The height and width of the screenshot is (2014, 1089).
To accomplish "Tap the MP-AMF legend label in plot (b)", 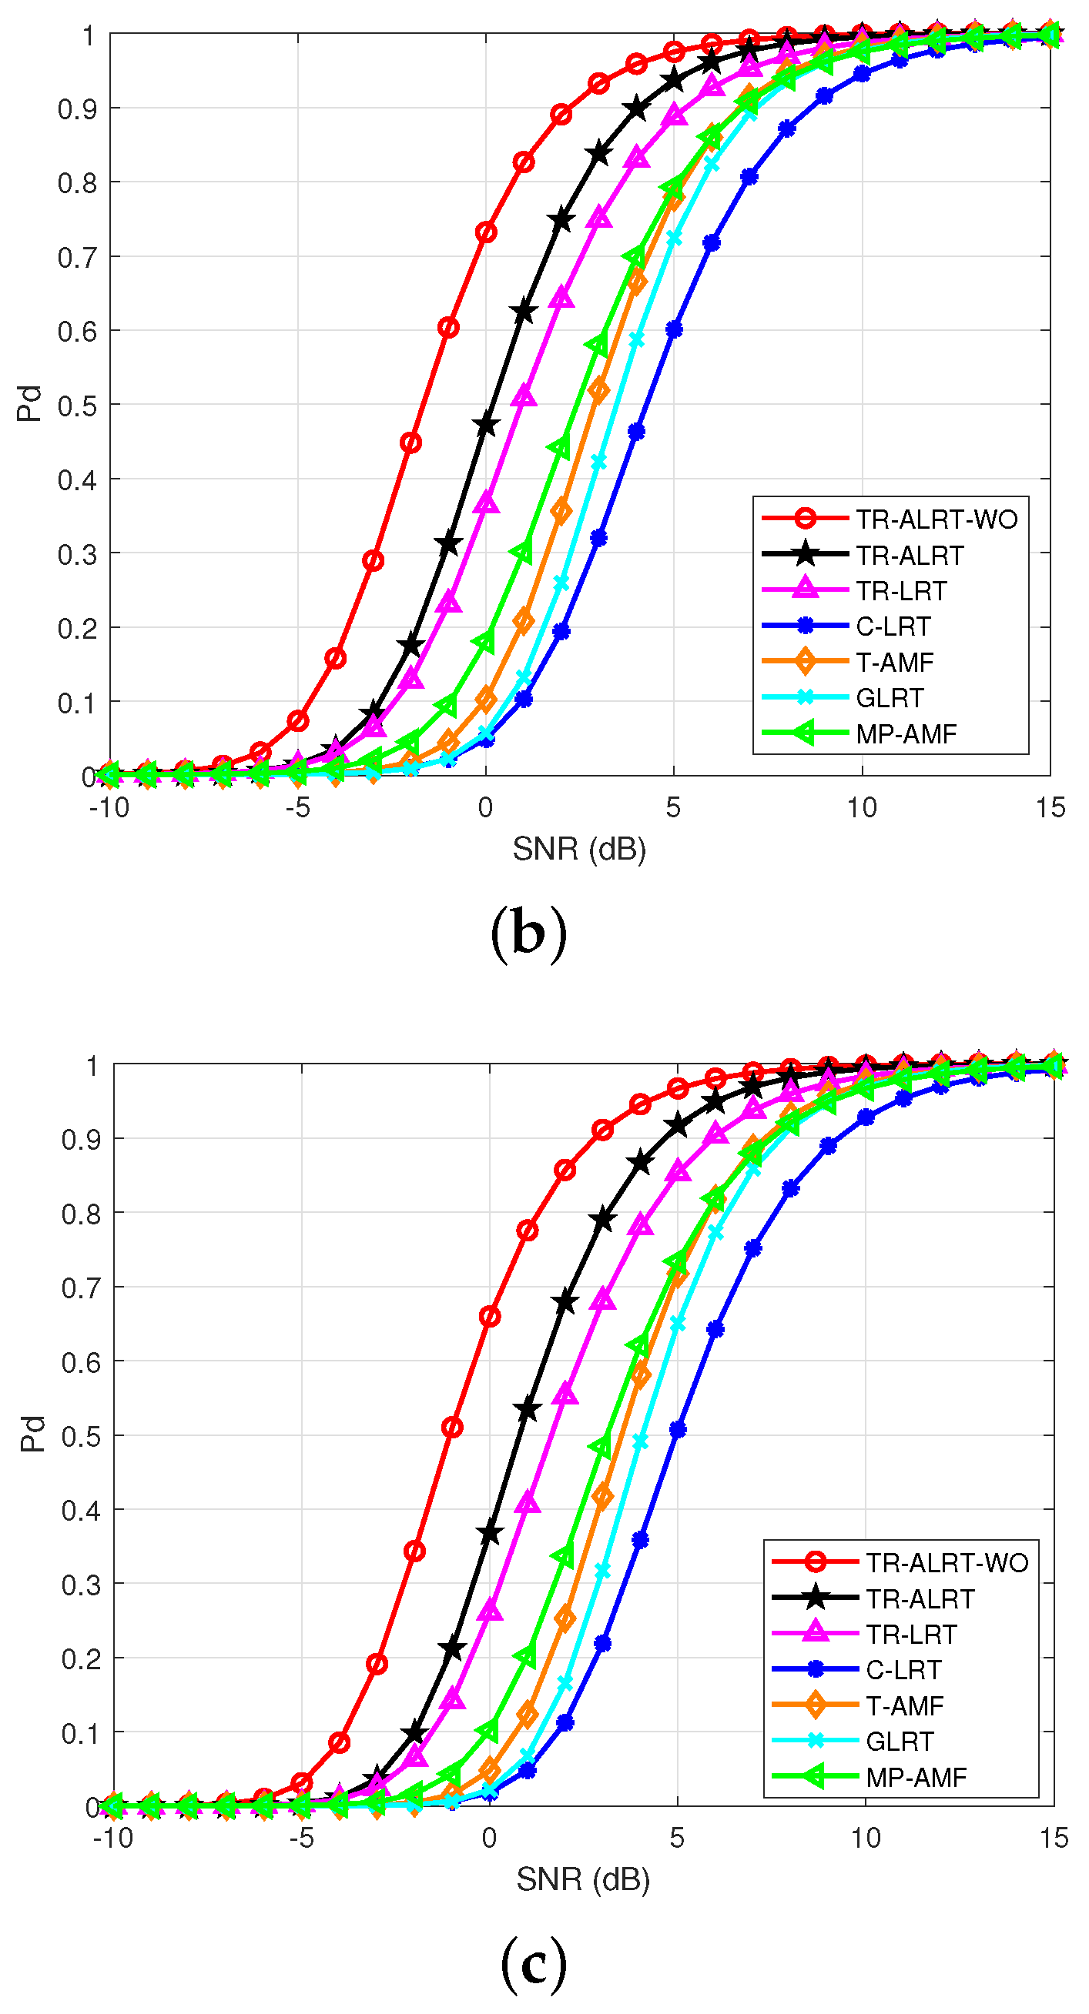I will pyautogui.click(x=906, y=734).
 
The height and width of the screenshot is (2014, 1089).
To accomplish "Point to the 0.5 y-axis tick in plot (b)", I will pyautogui.click(x=77, y=406).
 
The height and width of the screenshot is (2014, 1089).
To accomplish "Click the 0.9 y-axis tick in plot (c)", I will pyautogui.click(x=81, y=1140).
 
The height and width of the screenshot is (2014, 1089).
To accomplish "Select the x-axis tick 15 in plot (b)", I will pyautogui.click(x=1050, y=807).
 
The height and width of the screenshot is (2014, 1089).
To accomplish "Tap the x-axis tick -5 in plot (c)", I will pyautogui.click(x=301, y=1838).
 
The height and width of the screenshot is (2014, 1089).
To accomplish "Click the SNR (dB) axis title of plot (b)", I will pyautogui.click(x=579, y=849).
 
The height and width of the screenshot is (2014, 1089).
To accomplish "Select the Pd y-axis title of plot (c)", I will pyautogui.click(x=33, y=1435).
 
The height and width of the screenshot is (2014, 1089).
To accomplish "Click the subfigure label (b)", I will pyautogui.click(x=528, y=934).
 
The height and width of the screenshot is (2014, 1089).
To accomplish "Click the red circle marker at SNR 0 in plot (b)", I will pyautogui.click(x=486, y=232).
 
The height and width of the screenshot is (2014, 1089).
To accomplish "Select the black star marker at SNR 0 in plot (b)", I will pyautogui.click(x=486, y=426).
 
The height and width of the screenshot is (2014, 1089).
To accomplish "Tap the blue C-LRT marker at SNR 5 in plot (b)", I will pyautogui.click(x=674, y=330).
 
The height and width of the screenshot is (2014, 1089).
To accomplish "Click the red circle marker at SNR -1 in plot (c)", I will pyautogui.click(x=452, y=1428).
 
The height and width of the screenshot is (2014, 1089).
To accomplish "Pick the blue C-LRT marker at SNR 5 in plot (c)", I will pyautogui.click(x=678, y=1430).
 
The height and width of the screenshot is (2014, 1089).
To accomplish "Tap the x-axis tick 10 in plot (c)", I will pyautogui.click(x=865, y=1838).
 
